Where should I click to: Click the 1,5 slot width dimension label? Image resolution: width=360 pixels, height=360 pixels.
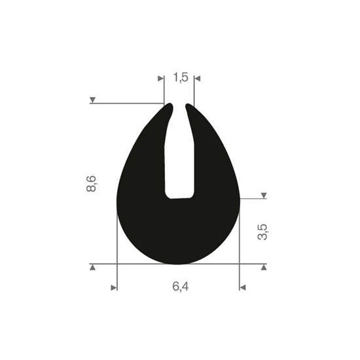tap(181, 78)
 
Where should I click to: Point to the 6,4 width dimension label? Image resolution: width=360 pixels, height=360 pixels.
tap(179, 287)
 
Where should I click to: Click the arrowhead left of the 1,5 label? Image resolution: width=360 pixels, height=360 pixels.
tap(161, 79)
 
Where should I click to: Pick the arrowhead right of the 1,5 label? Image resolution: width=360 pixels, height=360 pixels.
tap(198, 79)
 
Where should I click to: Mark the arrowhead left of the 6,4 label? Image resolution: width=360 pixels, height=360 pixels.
tap(115, 287)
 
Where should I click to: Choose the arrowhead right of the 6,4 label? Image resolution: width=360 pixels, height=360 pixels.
tap(242, 287)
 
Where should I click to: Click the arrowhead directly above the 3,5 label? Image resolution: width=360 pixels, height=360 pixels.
tap(264, 196)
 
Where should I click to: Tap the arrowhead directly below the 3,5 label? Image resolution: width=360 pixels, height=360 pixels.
tap(264, 268)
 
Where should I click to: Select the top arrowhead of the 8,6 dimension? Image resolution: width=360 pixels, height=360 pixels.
tap(93, 100)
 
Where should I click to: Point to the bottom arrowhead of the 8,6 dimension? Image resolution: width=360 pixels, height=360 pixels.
tap(93, 268)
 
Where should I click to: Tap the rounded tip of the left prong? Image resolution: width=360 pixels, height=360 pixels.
tap(169, 105)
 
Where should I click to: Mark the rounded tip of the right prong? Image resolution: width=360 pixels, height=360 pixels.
tap(190, 105)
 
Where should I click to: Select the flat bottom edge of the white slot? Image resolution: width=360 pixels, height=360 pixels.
tap(179, 196)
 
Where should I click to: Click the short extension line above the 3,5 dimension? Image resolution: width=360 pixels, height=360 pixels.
tap(251, 199)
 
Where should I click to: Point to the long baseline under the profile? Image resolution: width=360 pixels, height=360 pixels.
tap(178, 264)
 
